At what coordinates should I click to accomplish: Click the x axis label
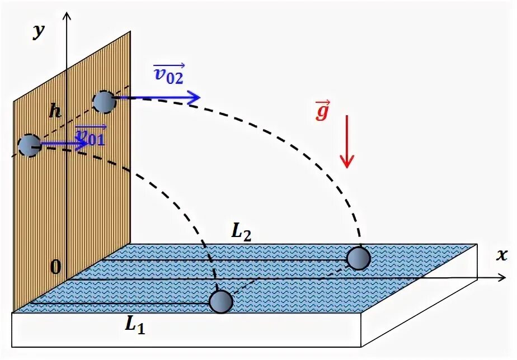tap(501, 255)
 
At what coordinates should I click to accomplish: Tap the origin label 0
tap(55, 268)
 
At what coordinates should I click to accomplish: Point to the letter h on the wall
tap(54, 111)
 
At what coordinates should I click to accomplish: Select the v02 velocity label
tap(168, 74)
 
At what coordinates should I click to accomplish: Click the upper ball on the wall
tap(104, 102)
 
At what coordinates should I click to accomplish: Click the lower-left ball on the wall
tap(29, 145)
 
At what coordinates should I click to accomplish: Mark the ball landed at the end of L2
tap(358, 258)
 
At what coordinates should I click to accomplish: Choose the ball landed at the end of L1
tap(221, 301)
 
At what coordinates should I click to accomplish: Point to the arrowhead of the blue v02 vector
tap(194, 98)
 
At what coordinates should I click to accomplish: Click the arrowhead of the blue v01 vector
tap(84, 143)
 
